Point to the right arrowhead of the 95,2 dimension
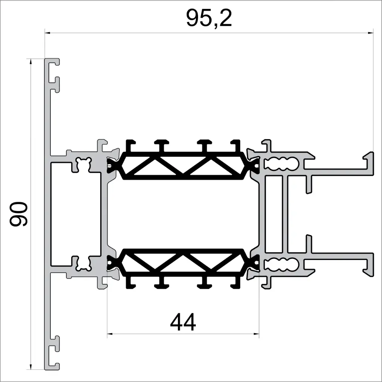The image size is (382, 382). point(370,33)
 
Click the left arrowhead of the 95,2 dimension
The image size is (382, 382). point(48,33)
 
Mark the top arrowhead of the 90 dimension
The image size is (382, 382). point(31,61)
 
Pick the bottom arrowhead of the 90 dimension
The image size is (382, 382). point(31,367)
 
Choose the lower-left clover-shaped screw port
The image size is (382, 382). point(83,264)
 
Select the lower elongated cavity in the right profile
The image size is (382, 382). point(281,264)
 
